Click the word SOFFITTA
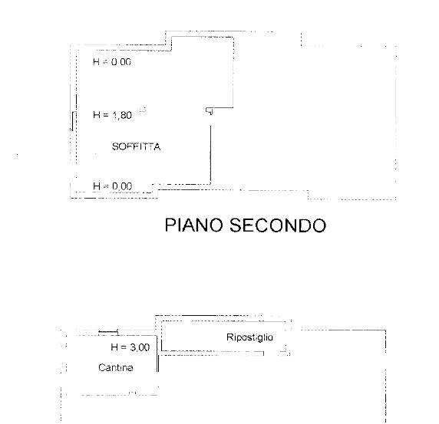coord(136,146)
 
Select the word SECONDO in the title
coord(278,225)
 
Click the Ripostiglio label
coord(249,337)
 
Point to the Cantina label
coord(116,367)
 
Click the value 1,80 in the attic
coord(122,115)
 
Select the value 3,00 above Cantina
coord(140,347)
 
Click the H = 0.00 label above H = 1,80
coord(112,61)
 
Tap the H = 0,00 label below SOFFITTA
coord(112,186)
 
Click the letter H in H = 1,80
coord(97,115)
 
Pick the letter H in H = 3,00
coord(114,347)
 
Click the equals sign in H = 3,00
coord(124,347)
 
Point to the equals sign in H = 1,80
coord(106,115)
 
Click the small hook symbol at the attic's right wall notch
coord(210,111)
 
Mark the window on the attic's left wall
coord(73,121)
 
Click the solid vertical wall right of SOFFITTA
coord(210,155)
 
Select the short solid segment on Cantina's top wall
coord(108,331)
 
